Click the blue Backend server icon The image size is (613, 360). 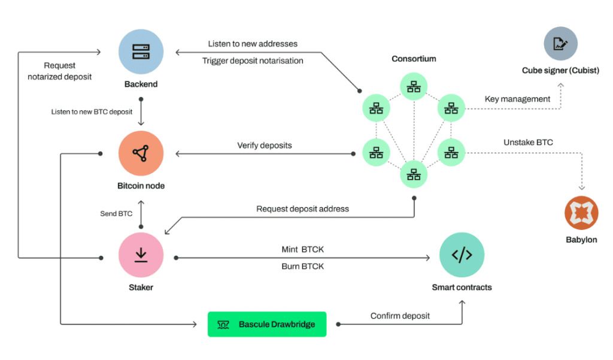[x=141, y=52]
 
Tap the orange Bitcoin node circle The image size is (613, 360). [x=141, y=154]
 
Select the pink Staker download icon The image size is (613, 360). [x=141, y=256]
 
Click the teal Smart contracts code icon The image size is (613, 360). [x=462, y=256]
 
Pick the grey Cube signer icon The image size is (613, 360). [x=560, y=44]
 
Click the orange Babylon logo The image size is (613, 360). [x=581, y=213]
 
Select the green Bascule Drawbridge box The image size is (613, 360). [x=267, y=324]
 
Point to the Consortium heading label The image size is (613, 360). [x=414, y=59]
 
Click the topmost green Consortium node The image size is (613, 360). [x=414, y=87]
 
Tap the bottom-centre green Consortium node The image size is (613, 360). [x=414, y=174]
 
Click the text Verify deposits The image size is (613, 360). [x=265, y=146]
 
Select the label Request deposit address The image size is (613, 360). [x=302, y=209]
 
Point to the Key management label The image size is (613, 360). [x=517, y=99]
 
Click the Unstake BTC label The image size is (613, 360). [x=528, y=142]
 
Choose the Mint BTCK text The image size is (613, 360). [x=302, y=249]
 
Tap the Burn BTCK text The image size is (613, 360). [x=302, y=267]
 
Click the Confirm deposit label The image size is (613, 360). [x=400, y=316]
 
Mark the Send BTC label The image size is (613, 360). [x=116, y=214]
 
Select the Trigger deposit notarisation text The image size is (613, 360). [x=253, y=60]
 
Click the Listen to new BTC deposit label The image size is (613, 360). [x=92, y=112]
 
